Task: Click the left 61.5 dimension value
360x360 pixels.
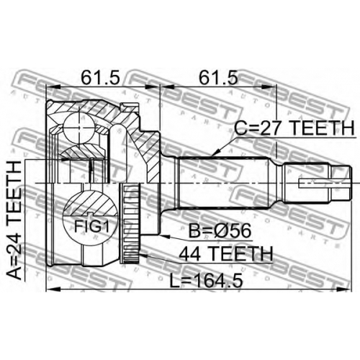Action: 100,77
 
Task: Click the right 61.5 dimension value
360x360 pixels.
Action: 218,77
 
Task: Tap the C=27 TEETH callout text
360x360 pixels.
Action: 294,128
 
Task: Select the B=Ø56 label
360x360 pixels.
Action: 220,230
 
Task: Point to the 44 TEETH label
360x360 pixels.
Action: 226,254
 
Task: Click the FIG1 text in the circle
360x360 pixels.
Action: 91,226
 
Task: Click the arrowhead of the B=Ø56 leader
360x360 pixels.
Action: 166,236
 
